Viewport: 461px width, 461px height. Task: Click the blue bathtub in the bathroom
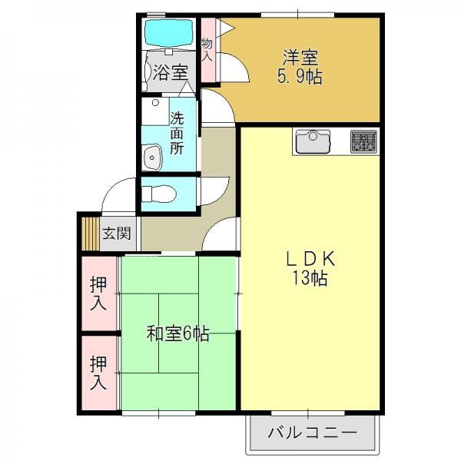169,33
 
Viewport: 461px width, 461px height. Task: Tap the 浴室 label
171,72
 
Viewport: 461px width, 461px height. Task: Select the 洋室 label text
300,58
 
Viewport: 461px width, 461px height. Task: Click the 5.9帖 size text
300,77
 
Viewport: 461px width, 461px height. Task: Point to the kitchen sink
313,141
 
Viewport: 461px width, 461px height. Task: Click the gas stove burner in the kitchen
363,141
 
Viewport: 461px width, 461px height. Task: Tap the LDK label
310,259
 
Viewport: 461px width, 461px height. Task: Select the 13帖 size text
310,278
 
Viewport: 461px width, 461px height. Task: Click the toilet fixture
159,194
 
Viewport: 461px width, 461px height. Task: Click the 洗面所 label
177,133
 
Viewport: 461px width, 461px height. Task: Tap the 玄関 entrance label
117,234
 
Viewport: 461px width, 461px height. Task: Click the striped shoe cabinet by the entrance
91,234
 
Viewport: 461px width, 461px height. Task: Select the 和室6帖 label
178,334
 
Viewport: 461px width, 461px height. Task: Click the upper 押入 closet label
98,294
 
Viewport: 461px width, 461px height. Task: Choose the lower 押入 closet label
98,373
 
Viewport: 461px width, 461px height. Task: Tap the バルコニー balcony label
312,433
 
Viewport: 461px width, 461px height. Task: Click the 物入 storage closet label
207,50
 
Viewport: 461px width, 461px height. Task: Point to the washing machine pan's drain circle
155,103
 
